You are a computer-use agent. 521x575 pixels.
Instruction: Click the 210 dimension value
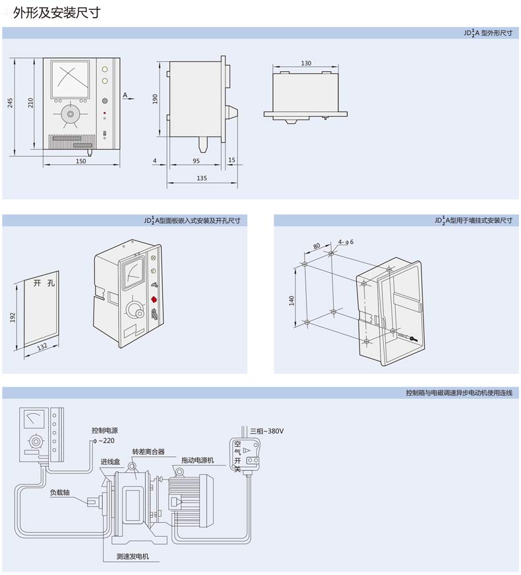30,103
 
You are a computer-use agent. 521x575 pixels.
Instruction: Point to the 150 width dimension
80,161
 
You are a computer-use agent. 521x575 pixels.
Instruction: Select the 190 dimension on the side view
155,99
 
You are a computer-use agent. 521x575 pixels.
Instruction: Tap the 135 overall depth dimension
202,178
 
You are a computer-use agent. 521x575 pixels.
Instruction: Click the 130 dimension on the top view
306,63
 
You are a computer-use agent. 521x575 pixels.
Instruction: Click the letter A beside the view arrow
125,95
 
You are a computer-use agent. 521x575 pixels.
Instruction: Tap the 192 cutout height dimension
13,317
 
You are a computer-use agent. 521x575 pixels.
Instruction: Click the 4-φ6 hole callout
346,242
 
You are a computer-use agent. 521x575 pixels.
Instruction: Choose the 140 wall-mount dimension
291,300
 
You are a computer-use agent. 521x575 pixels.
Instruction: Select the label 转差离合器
148,452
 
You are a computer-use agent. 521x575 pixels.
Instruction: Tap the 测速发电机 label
133,557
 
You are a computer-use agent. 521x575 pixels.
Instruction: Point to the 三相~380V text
266,431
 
